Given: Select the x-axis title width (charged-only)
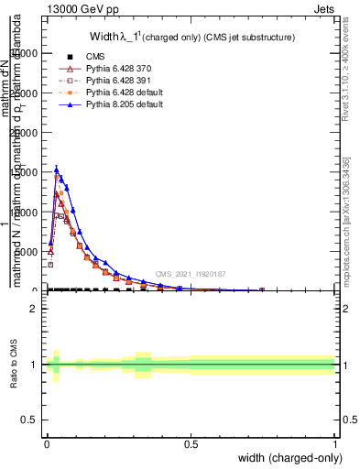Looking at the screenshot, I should pos(290,458).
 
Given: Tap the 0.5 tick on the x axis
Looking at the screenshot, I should pos(191,444).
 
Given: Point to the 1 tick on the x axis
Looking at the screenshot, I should pos(335,444).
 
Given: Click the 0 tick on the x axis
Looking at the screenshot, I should pos(48,444).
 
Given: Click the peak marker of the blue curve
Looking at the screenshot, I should pos(57,169).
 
